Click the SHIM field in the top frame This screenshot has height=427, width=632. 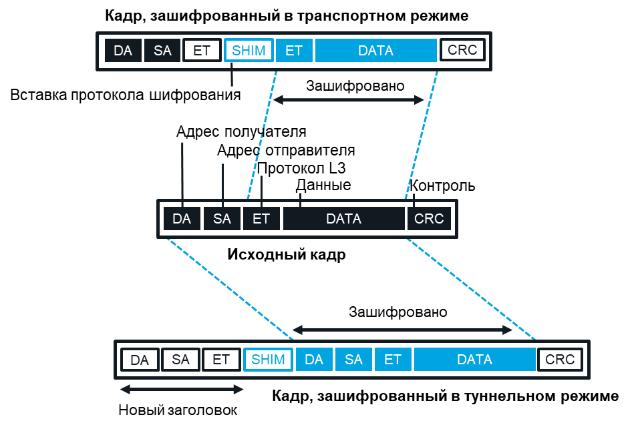coord(249,51)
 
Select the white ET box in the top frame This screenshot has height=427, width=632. coord(202,51)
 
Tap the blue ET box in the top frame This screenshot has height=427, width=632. coord(294,51)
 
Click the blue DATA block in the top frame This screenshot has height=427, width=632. coord(375,51)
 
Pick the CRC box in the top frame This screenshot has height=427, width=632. coord(462,51)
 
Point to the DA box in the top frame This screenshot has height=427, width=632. coord(123,51)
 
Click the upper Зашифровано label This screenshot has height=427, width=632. coord(355,85)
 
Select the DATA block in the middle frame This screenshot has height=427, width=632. coord(343,219)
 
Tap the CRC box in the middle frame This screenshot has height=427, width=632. coord(429,219)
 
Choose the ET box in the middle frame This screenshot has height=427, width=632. coord(261,219)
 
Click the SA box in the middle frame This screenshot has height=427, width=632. coord(222,219)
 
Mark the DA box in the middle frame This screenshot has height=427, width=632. coord(182,219)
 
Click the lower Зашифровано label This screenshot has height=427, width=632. coord(398,312)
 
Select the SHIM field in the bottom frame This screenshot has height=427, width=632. coord(268,360)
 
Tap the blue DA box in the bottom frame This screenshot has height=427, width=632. coord(314,360)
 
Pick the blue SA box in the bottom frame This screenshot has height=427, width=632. coord(353,360)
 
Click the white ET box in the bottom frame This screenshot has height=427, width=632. coord(221,360)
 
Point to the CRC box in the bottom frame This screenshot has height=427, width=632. coord(560,360)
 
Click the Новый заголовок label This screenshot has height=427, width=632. coord(178,410)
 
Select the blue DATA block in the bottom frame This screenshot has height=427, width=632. coord(474,360)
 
